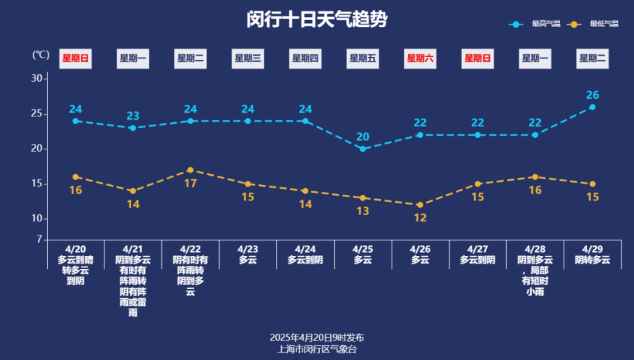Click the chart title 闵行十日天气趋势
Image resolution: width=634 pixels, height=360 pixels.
317,20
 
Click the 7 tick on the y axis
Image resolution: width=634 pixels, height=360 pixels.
40,239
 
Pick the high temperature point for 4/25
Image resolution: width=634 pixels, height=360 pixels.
363,149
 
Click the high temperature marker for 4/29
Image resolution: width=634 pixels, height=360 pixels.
592,107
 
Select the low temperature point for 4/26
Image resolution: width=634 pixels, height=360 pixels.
420,205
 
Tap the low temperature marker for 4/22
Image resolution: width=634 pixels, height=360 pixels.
190,170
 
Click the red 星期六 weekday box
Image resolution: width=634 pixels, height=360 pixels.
420,58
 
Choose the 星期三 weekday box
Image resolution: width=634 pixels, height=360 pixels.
248,58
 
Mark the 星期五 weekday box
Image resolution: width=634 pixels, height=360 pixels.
363,58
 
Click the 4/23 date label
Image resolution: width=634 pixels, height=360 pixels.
248,249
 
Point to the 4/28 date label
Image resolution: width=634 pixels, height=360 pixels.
535,249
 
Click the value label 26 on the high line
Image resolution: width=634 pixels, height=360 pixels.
592,95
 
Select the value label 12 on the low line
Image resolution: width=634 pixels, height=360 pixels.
420,218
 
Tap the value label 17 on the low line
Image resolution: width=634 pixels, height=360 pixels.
190,183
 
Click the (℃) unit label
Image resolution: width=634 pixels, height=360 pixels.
41,55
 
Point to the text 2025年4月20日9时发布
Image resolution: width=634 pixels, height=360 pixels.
317,338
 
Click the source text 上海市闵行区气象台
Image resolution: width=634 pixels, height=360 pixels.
317,349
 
